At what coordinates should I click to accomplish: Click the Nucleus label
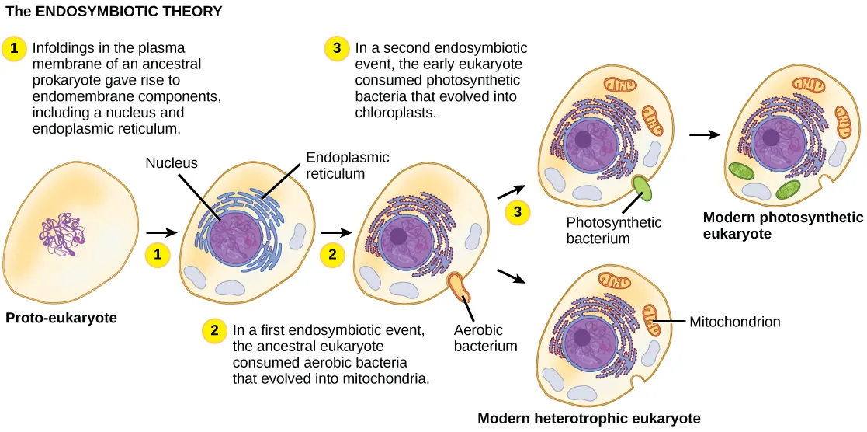172,163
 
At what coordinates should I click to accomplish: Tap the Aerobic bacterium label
485,337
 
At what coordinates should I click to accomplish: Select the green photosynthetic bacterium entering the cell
643,189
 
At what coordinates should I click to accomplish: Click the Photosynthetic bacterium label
613,231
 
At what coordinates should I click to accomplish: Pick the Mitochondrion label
734,321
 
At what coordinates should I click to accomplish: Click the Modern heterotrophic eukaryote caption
588,419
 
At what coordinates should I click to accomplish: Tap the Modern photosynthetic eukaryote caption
782,225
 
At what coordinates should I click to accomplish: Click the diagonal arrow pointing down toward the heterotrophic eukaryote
509,277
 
